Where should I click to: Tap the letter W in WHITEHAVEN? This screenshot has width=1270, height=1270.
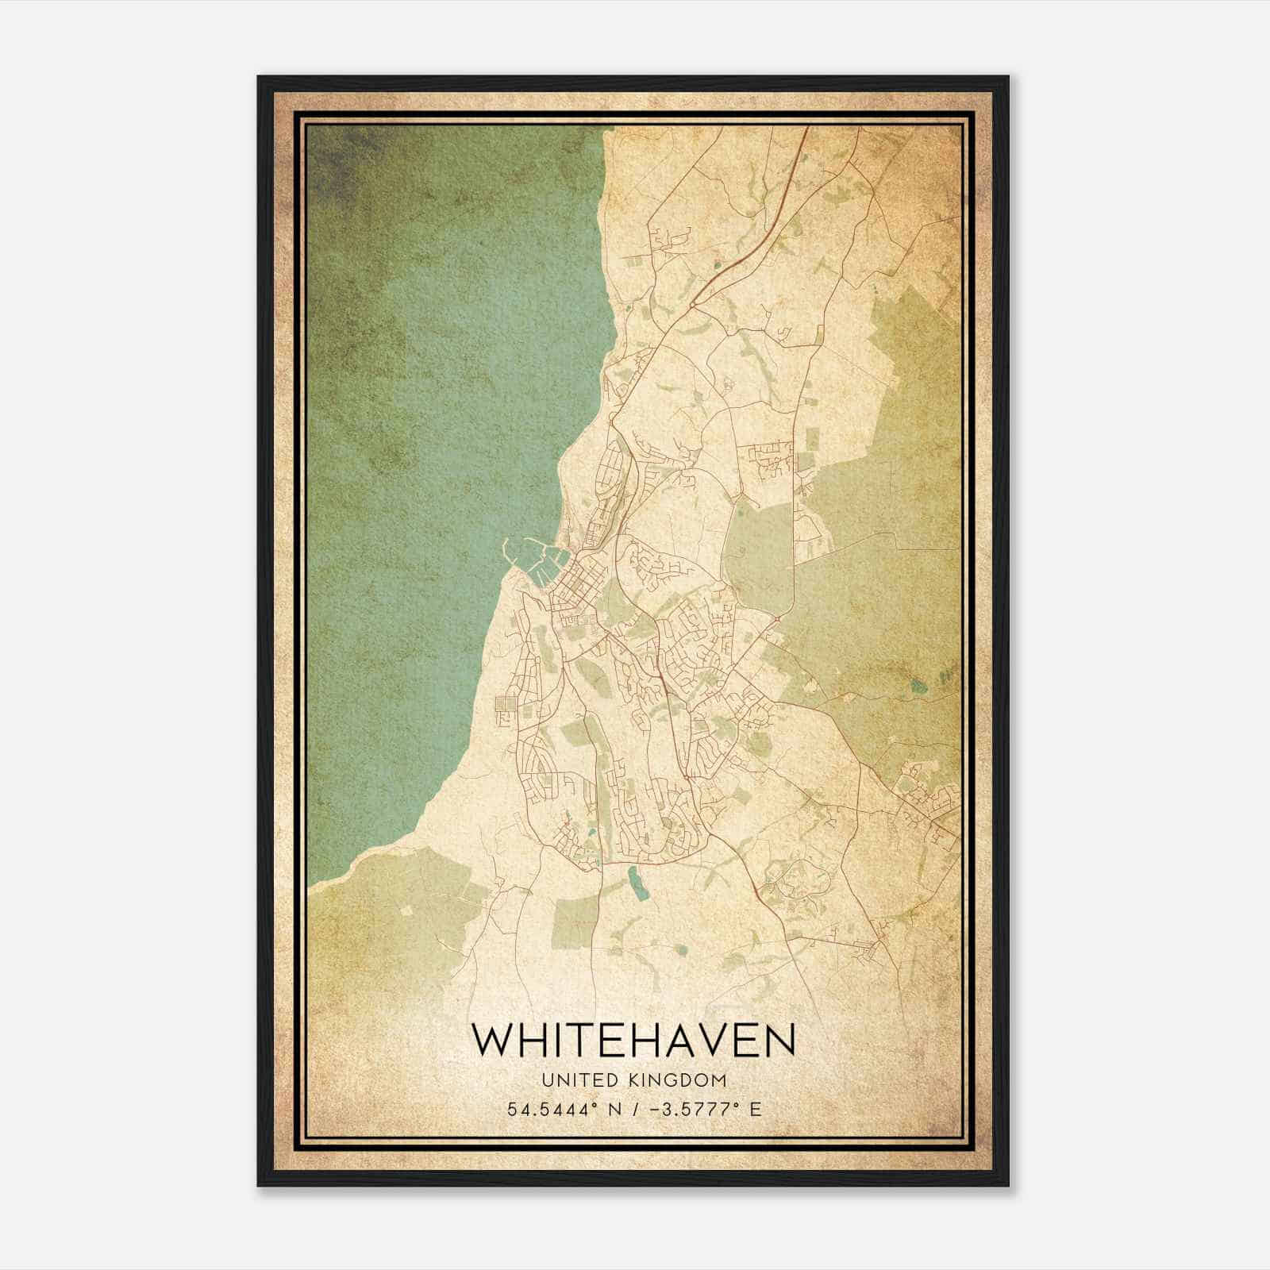491,1040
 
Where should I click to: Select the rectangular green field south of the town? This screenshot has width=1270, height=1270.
575,921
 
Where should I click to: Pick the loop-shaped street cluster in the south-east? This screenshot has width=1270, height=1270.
798,881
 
